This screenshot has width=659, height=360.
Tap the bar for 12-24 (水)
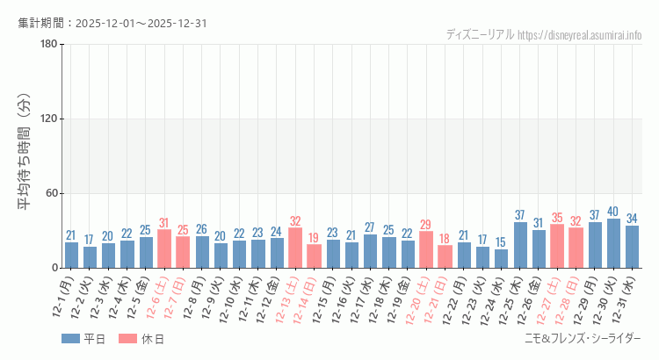point(501,258)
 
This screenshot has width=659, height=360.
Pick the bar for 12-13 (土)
point(295,248)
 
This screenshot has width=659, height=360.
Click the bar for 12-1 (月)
point(71,255)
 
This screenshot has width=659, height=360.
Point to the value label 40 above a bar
point(613,212)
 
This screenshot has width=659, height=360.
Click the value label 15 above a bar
point(501,242)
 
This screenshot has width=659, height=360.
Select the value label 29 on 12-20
point(426,225)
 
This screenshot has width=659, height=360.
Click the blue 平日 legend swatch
point(71,339)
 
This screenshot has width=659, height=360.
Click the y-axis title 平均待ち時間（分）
point(26,155)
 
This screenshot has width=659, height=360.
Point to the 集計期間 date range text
point(112,24)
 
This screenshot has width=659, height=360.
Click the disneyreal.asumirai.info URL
point(580,35)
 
